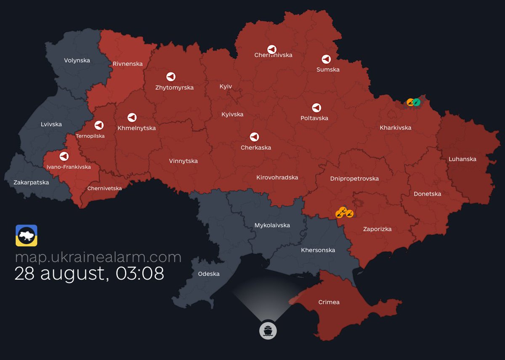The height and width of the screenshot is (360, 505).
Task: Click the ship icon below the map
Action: tap(268, 330)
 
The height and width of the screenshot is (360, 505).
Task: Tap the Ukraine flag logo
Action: tap(27, 235)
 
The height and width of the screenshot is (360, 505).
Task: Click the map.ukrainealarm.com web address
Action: tap(98, 257)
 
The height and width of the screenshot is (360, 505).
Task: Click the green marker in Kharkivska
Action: tap(416, 102)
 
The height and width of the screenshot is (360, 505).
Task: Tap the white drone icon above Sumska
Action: tap(326, 59)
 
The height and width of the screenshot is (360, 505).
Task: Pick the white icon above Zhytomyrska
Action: tap(170, 77)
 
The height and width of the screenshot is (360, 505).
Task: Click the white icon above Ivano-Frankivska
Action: tap(64, 156)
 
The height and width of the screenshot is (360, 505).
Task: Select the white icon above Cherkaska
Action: tap(254, 137)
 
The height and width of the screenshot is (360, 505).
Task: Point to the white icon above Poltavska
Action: tap(316, 108)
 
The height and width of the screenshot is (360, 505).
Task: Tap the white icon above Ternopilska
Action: tap(99, 125)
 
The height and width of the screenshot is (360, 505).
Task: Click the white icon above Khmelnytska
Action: tap(132, 117)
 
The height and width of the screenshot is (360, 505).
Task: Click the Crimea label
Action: tap(329, 302)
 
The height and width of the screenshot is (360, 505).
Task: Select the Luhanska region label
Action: tap(462, 159)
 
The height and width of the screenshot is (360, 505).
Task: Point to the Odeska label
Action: tap(209, 274)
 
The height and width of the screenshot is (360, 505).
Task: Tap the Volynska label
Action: tap(77, 60)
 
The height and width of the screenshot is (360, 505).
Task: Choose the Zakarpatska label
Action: tap(31, 182)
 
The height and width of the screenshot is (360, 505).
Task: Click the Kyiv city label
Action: tap(226, 86)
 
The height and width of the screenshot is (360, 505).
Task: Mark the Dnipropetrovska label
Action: tap(354, 179)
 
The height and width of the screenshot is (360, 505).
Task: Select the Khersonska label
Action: tap(318, 250)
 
